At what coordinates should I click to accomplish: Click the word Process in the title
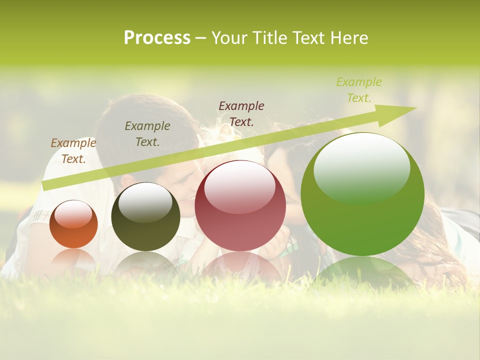point(157,38)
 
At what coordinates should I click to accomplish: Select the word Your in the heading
point(229,38)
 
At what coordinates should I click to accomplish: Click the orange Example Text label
point(73,151)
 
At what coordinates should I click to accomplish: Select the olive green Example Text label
point(147,134)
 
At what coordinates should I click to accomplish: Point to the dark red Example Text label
point(241,113)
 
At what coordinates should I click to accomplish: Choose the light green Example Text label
point(359,90)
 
